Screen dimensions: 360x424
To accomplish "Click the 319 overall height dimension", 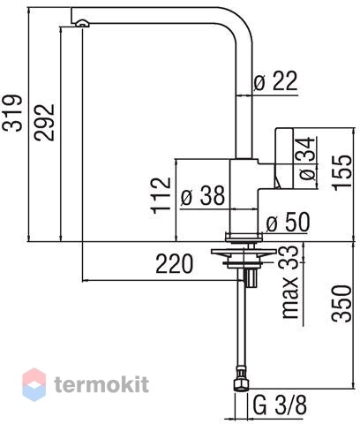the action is pos(12,113).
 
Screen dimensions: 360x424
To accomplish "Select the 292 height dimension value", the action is pos(44,123).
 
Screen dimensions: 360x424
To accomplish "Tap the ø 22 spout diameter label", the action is pos(276,80).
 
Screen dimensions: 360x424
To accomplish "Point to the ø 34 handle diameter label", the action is pos(307,159).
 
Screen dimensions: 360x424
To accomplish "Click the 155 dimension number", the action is pos(342,172).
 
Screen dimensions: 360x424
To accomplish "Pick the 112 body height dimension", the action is pos(161,195).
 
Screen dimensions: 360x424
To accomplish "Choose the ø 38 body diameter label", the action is pos(203,195).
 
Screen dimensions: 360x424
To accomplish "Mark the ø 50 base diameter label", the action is pos(288,222).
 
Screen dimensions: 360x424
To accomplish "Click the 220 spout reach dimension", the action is pos(175,264).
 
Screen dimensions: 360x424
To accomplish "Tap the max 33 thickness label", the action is pos(290,282).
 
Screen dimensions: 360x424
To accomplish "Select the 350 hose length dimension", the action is pos(341,303).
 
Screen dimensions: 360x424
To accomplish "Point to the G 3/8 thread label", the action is pos(280,405).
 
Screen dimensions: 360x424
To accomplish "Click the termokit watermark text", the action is pos(101,384).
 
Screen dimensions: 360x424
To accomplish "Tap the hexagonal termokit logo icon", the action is pos(34,384).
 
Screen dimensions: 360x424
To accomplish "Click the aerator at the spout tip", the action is pos(83,24).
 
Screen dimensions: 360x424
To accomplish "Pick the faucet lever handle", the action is pos(284,157).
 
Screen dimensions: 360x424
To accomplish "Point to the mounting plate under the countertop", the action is pos(244,252).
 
